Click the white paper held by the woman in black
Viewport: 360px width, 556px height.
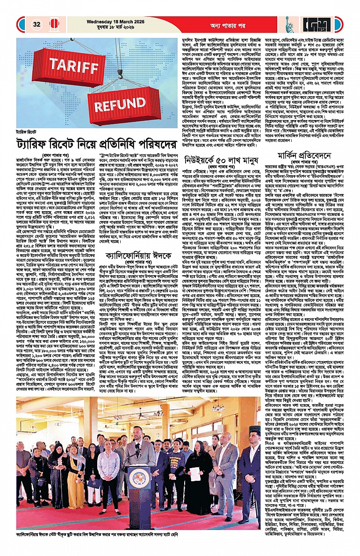(x=194, y=473)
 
